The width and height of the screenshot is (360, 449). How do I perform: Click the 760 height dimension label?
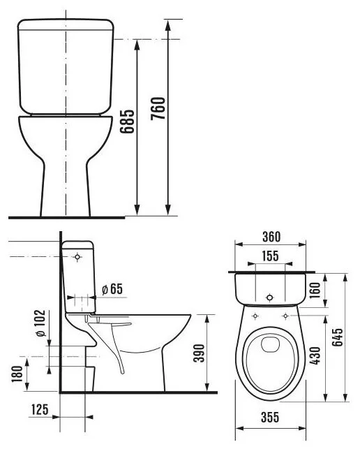pos(158,108)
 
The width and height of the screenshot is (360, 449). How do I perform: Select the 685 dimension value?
pos(127,122)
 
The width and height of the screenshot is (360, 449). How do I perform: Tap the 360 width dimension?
pos(271,237)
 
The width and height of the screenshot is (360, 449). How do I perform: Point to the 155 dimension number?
pos(270,256)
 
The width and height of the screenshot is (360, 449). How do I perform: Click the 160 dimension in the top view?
pos(315,290)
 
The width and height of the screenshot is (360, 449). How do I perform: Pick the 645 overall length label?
pos(338,337)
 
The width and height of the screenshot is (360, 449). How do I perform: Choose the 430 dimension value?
pos(315,355)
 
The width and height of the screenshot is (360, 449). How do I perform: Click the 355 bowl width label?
pos(270,417)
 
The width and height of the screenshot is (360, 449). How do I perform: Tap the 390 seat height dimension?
pos(199,353)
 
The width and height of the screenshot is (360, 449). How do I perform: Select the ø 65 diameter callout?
pos(112,289)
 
